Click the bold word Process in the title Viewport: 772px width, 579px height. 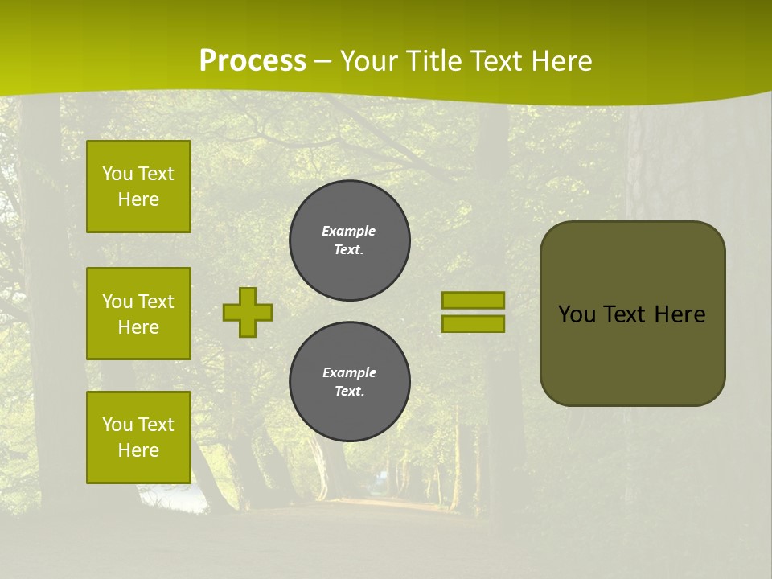click(253, 61)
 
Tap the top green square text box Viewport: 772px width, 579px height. click(138, 187)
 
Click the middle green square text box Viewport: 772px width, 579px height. click(138, 314)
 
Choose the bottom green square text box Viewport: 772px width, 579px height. click(138, 437)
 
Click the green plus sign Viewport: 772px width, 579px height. click(248, 312)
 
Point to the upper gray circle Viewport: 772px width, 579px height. click(350, 240)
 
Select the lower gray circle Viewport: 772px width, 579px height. click(350, 382)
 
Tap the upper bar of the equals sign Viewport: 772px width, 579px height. click(473, 300)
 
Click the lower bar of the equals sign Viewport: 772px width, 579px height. click(473, 324)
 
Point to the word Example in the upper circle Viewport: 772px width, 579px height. click(349, 231)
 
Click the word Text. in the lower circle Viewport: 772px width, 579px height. click(350, 392)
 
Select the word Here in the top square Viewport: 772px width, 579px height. click(138, 199)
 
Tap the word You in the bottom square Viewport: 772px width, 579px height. click(117, 425)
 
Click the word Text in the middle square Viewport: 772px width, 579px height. click(156, 302)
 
